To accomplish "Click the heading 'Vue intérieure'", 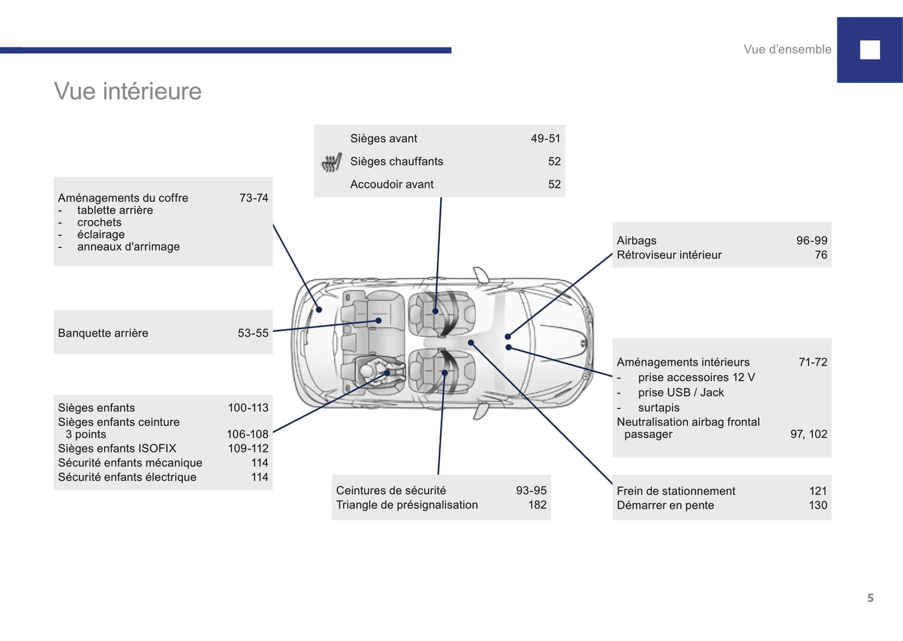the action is click(127, 91).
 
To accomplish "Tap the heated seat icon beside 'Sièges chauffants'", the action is click(332, 162).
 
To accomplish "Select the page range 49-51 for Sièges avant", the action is click(546, 138).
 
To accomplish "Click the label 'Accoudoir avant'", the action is click(391, 184).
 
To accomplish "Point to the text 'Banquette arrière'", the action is click(103, 333).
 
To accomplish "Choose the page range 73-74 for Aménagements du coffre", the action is click(254, 198).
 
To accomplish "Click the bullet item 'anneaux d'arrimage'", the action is click(128, 246).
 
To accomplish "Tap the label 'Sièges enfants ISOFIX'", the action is click(117, 449).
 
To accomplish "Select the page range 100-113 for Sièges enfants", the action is click(248, 407).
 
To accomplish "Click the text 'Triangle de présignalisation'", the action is click(407, 505).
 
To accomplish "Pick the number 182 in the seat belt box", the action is click(537, 505).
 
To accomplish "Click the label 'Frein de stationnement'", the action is click(676, 491).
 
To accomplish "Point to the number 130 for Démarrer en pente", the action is click(818, 505).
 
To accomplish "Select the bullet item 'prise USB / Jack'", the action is click(681, 392).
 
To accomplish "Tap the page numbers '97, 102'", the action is click(809, 434).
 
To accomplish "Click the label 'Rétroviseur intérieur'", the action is click(669, 255).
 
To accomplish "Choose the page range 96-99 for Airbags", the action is click(812, 241).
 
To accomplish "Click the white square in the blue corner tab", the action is click(869, 50).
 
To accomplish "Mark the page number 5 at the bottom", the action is click(871, 598).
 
